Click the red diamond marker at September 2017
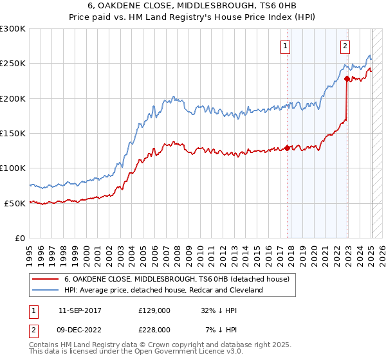click(x=287, y=148)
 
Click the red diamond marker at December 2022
click(x=347, y=79)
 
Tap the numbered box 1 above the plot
click(x=284, y=46)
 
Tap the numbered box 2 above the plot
click(x=345, y=46)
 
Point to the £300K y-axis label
click(x=13, y=29)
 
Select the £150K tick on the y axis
click(x=13, y=133)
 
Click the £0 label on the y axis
click(x=19, y=238)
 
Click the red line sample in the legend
click(x=46, y=279)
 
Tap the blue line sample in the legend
click(x=46, y=290)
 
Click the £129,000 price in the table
click(x=154, y=310)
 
